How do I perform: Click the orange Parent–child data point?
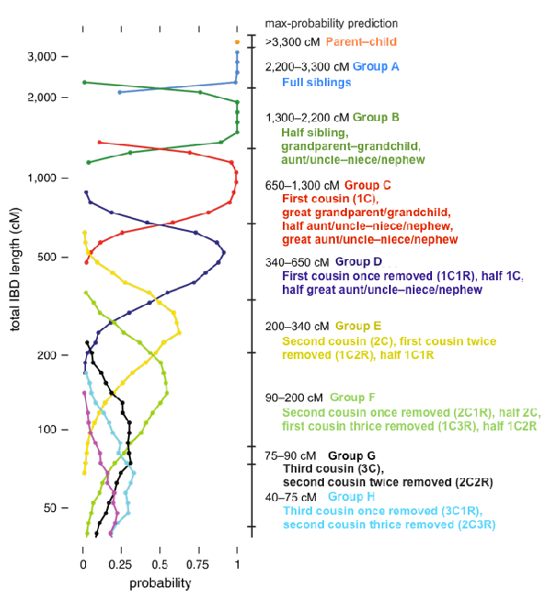pos(237,42)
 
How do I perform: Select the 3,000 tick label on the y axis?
pos(42,57)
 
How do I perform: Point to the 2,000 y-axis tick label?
pos(42,97)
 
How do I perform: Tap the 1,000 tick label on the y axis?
pos(42,178)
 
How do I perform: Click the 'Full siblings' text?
pos(316,82)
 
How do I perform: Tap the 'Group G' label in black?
pos(351,455)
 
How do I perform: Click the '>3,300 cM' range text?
pos(292,42)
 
